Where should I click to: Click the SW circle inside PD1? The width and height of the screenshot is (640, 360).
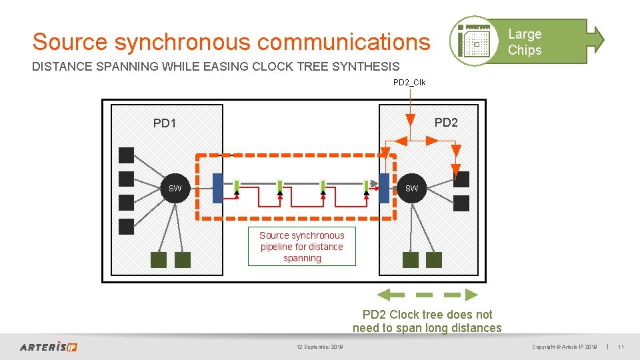click(175, 189)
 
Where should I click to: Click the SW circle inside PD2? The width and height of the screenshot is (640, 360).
click(411, 189)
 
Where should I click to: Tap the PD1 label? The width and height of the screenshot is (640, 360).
click(165, 123)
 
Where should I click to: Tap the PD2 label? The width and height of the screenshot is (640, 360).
click(446, 123)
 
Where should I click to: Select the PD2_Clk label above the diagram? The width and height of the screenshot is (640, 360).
click(409, 83)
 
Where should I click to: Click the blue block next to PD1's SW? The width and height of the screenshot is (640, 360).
click(217, 188)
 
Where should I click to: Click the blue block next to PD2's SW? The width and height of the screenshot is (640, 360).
click(384, 188)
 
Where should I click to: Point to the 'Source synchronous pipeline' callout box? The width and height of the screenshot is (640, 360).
click(302, 247)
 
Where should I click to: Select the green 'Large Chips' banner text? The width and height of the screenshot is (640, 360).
click(525, 42)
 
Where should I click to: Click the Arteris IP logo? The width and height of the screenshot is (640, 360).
click(48, 347)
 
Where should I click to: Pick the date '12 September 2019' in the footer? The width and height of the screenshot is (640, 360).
click(320, 347)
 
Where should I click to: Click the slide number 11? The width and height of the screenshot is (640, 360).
click(621, 347)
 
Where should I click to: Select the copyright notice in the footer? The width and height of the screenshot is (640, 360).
click(564, 347)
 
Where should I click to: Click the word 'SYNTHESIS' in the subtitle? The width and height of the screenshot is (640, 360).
click(364, 67)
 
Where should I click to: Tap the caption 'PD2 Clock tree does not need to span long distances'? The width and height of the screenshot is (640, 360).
click(427, 321)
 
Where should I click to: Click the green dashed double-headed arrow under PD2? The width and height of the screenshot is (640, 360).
click(428, 294)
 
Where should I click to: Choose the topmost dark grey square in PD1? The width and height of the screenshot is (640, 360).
click(126, 155)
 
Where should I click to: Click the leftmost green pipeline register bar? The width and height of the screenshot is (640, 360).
click(237, 185)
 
